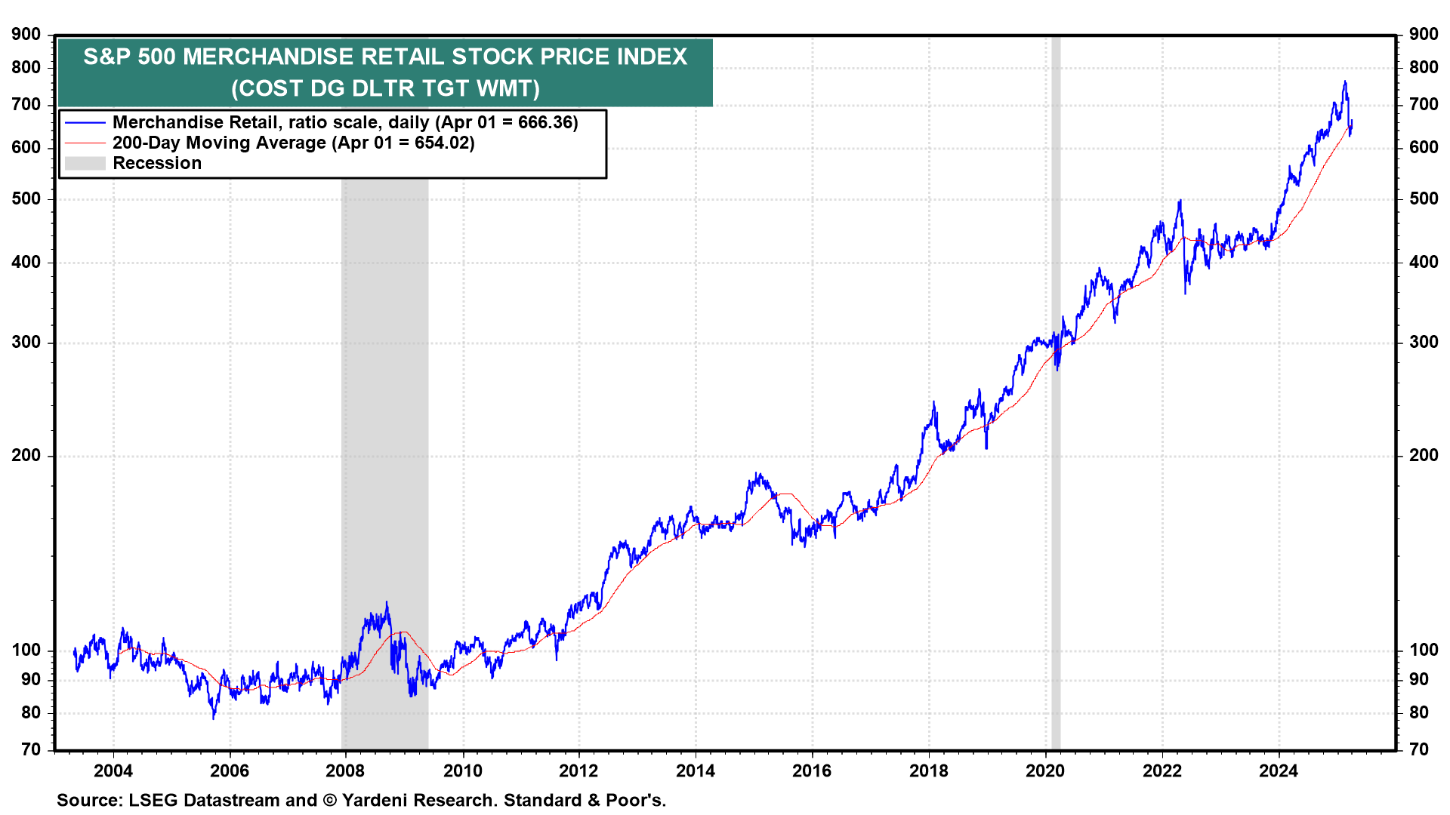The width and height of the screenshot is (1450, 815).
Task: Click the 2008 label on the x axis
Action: [345, 770]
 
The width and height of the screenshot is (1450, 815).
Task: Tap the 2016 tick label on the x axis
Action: [812, 770]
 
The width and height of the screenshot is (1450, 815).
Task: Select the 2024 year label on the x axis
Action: [1278, 770]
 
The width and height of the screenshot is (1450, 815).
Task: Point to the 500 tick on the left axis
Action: [26, 199]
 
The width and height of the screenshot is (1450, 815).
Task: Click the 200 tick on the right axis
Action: [1423, 456]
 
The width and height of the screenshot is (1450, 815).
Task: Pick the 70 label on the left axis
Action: [31, 749]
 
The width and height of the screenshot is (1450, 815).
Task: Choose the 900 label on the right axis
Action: [1423, 34]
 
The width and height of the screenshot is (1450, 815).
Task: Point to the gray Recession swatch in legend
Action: [85, 163]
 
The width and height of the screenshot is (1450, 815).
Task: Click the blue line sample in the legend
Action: [85, 122]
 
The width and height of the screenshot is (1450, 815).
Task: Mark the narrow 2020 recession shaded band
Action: [1056, 392]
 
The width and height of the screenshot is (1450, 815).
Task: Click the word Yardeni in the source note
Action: [379, 800]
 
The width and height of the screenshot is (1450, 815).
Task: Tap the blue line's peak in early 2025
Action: [1344, 81]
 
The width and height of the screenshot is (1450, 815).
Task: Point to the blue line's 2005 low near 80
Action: [214, 718]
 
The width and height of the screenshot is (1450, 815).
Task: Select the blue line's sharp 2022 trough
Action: [1185, 293]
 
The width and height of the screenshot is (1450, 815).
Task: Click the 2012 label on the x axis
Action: [578, 770]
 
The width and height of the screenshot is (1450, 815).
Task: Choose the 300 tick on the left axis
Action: [26, 343]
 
